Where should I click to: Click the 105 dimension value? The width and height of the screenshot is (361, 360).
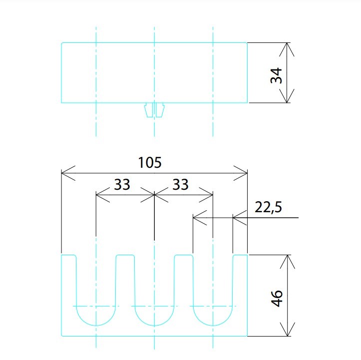click(x=150, y=162)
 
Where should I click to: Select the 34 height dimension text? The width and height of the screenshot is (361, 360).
click(x=276, y=75)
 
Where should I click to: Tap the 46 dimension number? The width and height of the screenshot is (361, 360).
click(x=277, y=298)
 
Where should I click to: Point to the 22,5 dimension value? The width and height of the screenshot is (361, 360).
click(x=268, y=207)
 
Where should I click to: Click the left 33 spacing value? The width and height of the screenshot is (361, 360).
click(x=122, y=184)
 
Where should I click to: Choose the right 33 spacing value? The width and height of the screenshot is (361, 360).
click(x=181, y=184)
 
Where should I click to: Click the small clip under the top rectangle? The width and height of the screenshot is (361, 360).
click(x=154, y=110)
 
